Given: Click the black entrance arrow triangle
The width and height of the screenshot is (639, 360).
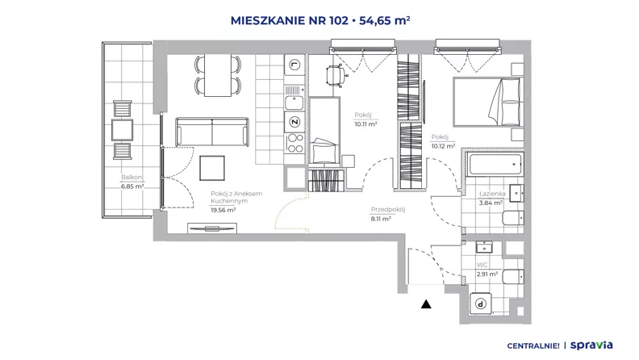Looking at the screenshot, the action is (x=426, y=303).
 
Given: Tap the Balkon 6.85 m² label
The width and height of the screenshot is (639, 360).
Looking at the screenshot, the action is (x=132, y=182).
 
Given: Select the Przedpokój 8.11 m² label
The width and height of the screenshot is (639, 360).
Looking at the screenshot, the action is (x=387, y=214).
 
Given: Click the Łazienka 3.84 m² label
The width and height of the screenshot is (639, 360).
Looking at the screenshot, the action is (x=492, y=198).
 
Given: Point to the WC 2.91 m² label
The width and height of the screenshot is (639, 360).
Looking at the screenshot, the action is (x=487, y=270).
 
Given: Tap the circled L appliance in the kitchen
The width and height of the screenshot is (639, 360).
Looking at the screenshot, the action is (x=294, y=65).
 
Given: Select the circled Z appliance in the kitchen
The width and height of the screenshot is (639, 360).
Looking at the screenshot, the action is (x=294, y=122).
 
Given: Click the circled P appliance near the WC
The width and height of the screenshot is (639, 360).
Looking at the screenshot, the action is (x=481, y=303).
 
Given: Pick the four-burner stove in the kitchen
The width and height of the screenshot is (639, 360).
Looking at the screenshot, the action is (x=294, y=143).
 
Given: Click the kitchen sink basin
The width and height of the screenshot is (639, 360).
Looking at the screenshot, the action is (x=294, y=103).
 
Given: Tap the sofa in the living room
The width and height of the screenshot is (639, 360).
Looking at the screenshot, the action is (x=212, y=132).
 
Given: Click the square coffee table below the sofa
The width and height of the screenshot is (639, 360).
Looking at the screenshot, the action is (x=212, y=168).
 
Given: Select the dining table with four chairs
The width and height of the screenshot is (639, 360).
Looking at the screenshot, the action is (x=218, y=75).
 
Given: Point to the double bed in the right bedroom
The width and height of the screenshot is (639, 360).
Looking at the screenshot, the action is (x=487, y=102).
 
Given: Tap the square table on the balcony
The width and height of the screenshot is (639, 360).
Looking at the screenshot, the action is (x=123, y=130).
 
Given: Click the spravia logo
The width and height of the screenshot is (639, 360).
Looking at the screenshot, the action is (x=591, y=345).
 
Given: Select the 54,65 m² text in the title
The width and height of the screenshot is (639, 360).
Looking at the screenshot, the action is (x=384, y=20).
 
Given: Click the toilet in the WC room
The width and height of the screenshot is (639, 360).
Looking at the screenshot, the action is (x=512, y=277).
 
